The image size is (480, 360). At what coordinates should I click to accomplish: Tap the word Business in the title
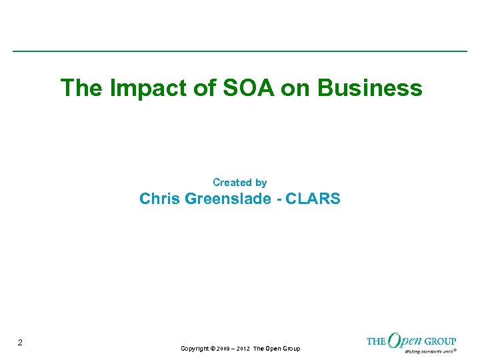point(370,88)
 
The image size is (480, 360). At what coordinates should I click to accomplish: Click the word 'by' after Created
point(261,182)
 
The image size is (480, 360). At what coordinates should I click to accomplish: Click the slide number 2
point(20,343)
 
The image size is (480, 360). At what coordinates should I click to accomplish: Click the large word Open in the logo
point(405,341)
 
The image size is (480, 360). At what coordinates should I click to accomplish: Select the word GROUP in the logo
point(441,341)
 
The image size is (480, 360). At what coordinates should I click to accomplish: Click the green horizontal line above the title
point(240,51)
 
